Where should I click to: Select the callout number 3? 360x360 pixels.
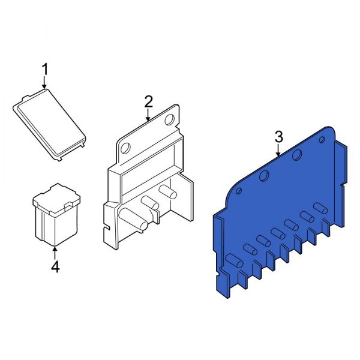pyautogui.click(x=278, y=137)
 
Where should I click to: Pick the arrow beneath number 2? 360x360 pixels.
pyautogui.click(x=149, y=115)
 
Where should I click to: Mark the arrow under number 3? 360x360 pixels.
pyautogui.click(x=278, y=151)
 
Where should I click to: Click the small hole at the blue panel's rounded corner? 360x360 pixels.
pyautogui.click(x=239, y=191)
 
